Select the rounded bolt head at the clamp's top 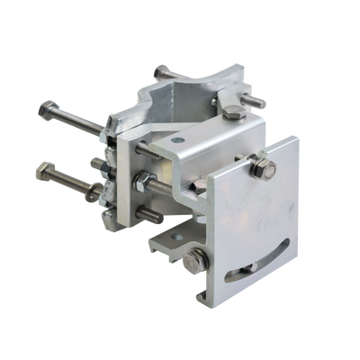point(161,69)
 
